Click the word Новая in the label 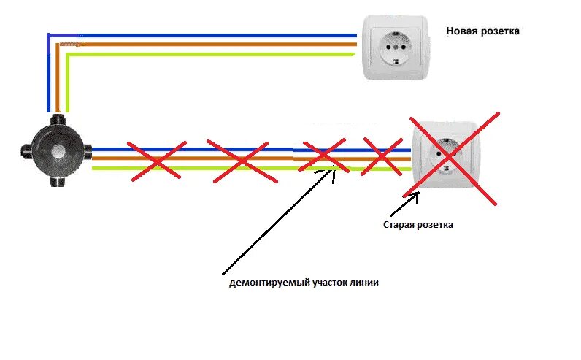click(463, 32)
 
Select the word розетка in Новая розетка click(501, 32)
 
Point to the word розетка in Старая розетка click(435, 225)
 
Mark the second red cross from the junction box click(238, 158)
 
